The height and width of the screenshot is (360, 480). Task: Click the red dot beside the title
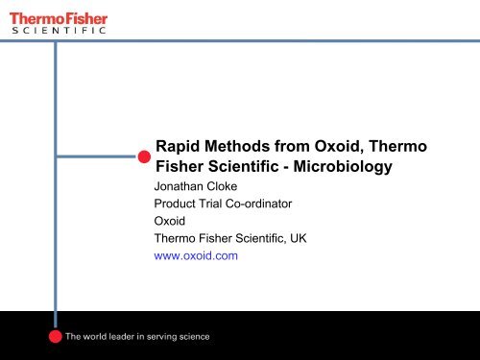click(143, 156)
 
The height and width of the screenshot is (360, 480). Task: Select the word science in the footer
click(191, 337)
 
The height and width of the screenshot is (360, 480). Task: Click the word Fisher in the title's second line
click(181, 167)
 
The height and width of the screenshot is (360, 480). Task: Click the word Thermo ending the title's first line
click(401, 146)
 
